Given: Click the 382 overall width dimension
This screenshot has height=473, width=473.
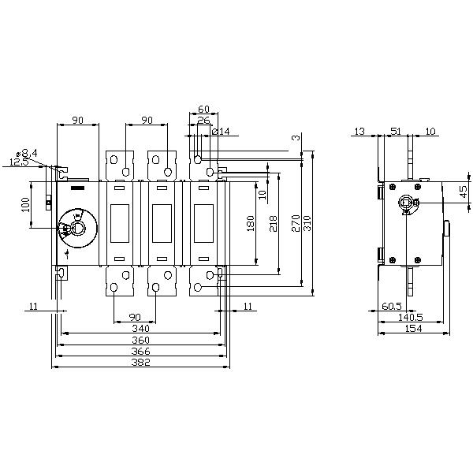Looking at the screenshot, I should coord(141,363).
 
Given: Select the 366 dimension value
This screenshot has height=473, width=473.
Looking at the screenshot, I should coord(141,352).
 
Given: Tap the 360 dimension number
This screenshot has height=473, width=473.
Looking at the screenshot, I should coord(141,340).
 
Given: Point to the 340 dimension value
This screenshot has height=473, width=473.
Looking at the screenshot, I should coord(141,329).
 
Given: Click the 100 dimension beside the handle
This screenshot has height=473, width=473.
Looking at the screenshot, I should coord(25,205).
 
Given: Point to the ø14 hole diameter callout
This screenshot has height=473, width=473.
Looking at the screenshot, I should coord(221,132).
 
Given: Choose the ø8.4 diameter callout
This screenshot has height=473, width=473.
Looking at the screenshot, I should coord(28,152).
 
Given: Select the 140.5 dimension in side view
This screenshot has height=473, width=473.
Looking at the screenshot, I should coord(410,317).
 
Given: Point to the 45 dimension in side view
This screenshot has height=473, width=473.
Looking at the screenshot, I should coord(464,189).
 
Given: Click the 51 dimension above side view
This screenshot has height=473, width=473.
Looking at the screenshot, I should coord(396,132).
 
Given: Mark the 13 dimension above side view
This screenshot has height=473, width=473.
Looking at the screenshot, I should coord(359,132).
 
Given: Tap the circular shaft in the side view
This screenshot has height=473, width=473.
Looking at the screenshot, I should coord(408,203).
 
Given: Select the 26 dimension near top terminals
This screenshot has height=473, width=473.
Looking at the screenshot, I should coord(203,121).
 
